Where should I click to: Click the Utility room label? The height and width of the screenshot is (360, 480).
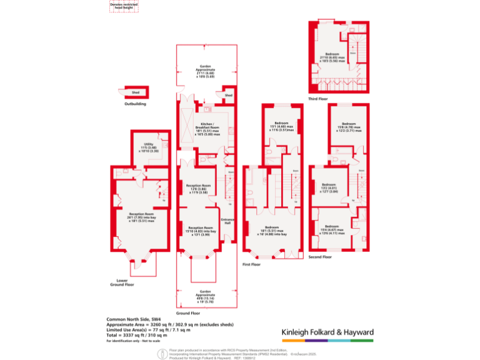coord(148,147)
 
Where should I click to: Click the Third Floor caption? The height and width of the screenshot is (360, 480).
coord(317,98)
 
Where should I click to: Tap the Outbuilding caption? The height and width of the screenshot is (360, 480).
coord(135,104)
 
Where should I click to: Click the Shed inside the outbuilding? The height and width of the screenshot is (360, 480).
coord(135,92)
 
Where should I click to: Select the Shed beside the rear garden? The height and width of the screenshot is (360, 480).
coord(228,96)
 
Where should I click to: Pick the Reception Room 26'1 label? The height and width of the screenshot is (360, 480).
coord(141,217)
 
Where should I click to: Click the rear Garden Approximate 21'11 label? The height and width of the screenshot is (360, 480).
coord(206,71)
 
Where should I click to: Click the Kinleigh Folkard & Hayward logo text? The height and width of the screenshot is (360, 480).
coord(327,332)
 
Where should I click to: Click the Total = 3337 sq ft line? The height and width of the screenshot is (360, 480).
coord(137,335)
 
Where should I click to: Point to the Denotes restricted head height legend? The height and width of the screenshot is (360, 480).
coord(124,6)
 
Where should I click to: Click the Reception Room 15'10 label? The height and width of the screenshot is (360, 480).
coord(201,231)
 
